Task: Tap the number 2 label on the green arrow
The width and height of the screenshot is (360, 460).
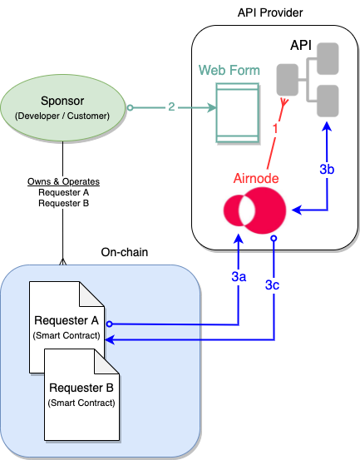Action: (x=171, y=107)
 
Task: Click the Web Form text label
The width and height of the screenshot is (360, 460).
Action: (x=229, y=70)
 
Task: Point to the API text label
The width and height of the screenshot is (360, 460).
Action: (x=300, y=44)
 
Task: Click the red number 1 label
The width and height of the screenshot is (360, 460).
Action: (x=275, y=128)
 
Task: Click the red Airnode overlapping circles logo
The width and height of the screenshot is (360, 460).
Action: (x=254, y=211)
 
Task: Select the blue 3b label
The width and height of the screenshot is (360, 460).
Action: (x=327, y=169)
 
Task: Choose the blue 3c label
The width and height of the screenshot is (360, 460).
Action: (x=273, y=285)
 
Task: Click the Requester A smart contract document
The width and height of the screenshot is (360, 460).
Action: (x=66, y=324)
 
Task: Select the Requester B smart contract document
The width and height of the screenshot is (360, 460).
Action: (x=81, y=393)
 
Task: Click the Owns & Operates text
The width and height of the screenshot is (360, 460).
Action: (x=63, y=181)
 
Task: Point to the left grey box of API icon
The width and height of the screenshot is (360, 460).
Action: (x=288, y=80)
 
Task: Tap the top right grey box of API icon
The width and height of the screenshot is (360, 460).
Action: (x=327, y=56)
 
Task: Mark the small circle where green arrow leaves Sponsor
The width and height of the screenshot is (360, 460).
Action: (x=130, y=107)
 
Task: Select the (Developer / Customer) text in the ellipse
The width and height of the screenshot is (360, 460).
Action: (x=62, y=116)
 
